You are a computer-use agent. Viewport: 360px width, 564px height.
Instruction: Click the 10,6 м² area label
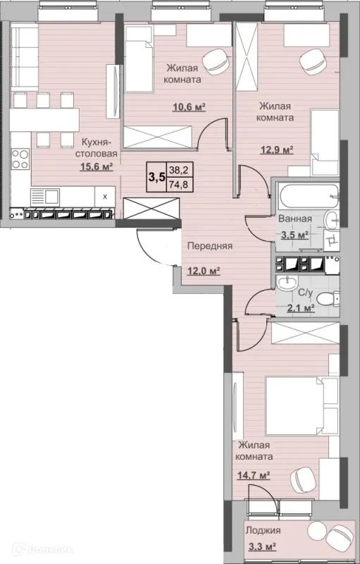189,107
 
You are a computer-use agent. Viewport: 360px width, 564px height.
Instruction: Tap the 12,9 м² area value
277,149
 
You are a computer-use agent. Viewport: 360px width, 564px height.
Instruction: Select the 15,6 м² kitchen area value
97,166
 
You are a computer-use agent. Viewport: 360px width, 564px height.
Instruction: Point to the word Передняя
210,246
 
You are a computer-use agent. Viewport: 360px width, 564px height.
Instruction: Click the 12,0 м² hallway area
204,271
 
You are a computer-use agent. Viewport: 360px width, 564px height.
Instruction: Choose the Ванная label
295,219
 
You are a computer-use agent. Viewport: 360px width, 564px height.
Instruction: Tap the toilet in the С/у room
330,298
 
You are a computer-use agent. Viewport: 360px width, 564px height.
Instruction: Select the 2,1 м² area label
301,308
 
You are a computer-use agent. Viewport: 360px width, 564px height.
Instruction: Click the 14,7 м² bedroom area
254,476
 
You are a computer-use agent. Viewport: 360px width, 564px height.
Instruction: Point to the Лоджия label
263,530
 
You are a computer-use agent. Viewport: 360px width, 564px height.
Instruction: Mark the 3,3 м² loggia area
262,548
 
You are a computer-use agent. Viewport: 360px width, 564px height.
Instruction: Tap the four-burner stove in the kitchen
20,159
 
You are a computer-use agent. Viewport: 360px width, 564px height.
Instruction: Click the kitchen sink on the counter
45,197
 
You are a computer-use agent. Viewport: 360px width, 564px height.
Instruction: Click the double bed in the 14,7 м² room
302,406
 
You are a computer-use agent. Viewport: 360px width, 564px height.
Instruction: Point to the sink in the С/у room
287,283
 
